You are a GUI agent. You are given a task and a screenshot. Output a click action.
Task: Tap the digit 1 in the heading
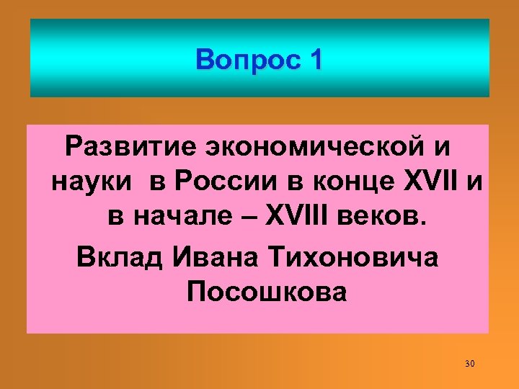click(x=314, y=60)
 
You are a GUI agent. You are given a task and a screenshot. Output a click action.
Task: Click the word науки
click(x=92, y=183)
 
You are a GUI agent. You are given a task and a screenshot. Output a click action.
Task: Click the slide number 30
click(x=470, y=362)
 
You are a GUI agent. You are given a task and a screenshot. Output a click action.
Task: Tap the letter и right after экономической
click(x=443, y=147)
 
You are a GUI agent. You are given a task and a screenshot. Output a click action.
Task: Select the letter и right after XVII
click(x=474, y=183)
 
